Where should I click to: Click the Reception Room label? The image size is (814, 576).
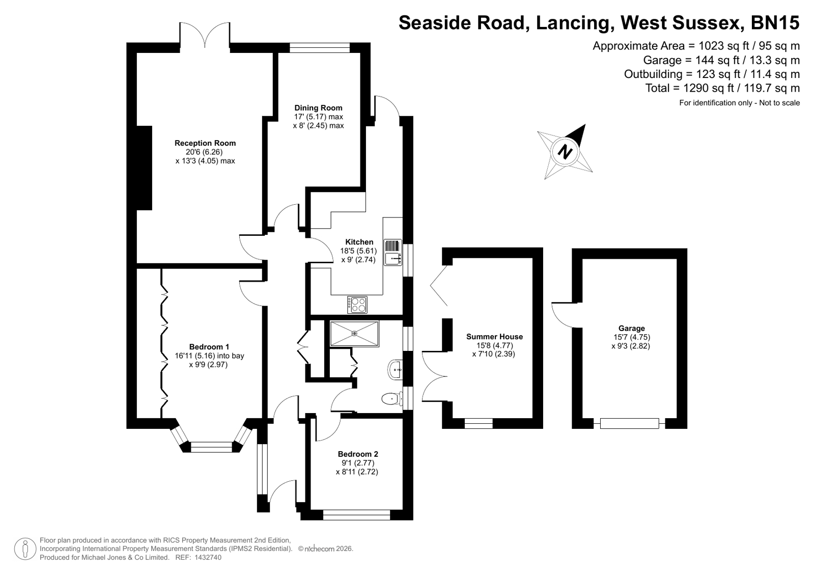[x=205, y=143]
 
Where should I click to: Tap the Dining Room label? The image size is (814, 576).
[x=318, y=108]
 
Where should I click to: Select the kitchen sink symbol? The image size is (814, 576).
[x=393, y=253]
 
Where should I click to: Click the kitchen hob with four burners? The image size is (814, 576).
[x=357, y=305]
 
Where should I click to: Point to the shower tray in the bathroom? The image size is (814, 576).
[x=354, y=334]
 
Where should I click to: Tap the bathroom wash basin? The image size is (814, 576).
[x=395, y=370]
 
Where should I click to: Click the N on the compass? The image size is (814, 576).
[x=565, y=152]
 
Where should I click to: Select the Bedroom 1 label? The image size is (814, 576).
[x=209, y=347]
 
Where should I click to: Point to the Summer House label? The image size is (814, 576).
[x=495, y=337]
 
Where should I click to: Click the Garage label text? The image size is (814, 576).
[x=632, y=328]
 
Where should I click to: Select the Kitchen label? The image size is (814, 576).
[x=359, y=242]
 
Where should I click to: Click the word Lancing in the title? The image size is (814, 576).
[x=573, y=22]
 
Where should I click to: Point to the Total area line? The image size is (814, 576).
[x=722, y=89]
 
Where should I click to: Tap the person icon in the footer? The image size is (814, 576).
[x=25, y=548]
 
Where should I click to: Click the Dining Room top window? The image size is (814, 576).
[x=320, y=48]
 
